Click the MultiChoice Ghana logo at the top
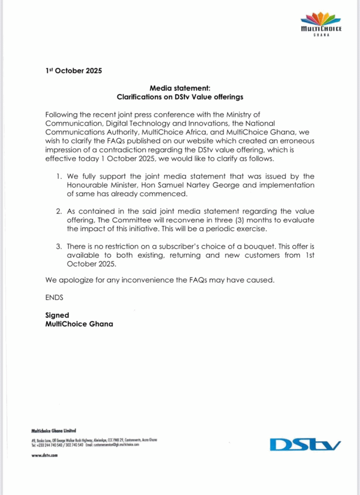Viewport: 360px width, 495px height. point(321,25)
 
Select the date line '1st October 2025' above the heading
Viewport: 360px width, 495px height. point(73,71)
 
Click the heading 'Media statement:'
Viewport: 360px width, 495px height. point(180,88)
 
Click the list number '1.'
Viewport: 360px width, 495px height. point(59,176)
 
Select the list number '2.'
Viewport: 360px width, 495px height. point(59,211)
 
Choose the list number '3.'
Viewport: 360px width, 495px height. point(59,247)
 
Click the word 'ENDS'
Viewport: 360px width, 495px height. point(54,297)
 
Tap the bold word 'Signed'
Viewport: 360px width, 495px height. point(57,315)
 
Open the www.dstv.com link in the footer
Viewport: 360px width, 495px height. point(44,455)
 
